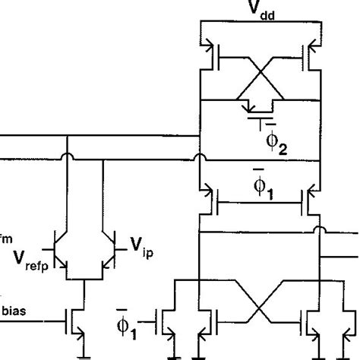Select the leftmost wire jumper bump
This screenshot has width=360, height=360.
(68, 159)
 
